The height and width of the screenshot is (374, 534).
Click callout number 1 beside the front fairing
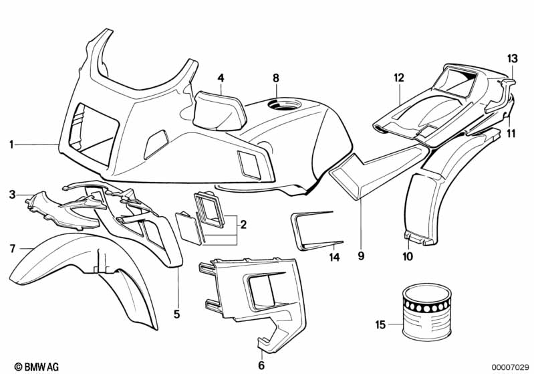coord(11,145)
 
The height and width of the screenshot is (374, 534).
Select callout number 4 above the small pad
coord(221,78)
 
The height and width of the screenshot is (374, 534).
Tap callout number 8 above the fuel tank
coord(276,78)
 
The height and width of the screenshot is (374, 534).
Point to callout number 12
coord(399,78)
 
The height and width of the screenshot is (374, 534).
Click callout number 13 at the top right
coord(512,59)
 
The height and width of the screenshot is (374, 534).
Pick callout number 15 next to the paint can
coord(380,324)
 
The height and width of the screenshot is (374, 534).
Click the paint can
coord(426,313)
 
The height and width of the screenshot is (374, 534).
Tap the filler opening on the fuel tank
coord(285,104)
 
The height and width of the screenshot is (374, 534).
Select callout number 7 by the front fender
coord(13,249)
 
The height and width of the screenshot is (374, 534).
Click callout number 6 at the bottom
coord(261,365)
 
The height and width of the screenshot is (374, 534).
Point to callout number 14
coord(334,257)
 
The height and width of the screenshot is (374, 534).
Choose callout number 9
coord(361,255)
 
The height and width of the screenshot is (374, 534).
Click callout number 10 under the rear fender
coord(408,256)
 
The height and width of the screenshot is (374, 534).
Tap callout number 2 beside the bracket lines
coord(243,225)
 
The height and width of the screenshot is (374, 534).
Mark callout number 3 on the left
coord(12,195)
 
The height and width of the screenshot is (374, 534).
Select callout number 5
coord(176,314)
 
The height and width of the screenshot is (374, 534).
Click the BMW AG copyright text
coord(37,367)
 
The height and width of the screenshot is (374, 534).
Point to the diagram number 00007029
coord(509,367)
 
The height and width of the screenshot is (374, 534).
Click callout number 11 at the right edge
coord(511,133)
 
